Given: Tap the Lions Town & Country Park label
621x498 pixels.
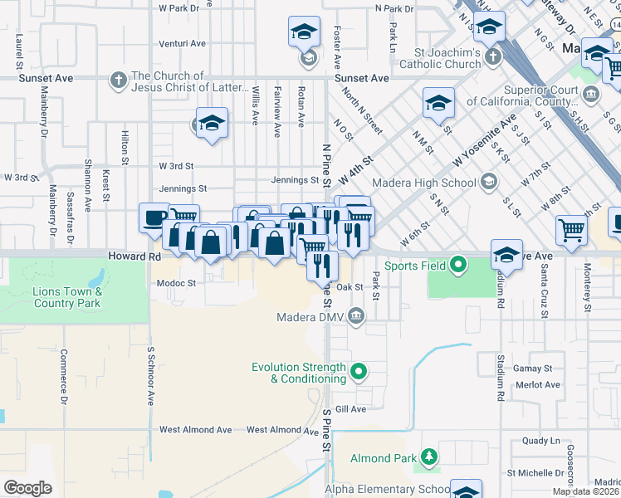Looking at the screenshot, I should click(67, 297).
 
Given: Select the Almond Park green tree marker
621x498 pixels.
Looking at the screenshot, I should click(429, 457).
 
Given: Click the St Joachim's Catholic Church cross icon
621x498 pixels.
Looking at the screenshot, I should click(493, 57).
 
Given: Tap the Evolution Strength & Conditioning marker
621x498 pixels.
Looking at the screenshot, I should click(359, 372).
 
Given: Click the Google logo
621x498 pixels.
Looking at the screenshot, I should click(27, 488).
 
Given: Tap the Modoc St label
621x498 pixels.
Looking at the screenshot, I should click(176, 283).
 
